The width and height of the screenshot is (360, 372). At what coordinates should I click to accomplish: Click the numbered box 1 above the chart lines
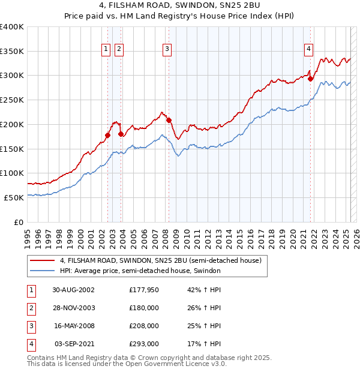[x=106, y=50]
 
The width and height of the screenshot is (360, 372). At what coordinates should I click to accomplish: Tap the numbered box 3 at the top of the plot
[x=167, y=50]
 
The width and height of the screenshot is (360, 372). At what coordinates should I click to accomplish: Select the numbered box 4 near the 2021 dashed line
[x=308, y=50]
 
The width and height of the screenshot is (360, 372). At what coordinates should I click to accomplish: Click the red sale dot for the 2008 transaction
[x=169, y=120]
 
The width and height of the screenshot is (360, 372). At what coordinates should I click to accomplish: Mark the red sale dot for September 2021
[x=310, y=79]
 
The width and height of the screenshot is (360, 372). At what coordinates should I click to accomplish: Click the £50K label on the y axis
[x=14, y=197]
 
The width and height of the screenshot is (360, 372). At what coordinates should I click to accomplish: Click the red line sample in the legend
[x=43, y=261]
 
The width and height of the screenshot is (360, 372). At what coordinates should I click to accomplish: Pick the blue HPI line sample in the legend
[x=43, y=271]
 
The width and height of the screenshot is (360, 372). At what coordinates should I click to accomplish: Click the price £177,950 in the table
[x=143, y=290]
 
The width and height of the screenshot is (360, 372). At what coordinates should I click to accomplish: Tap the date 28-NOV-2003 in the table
[x=74, y=308]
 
